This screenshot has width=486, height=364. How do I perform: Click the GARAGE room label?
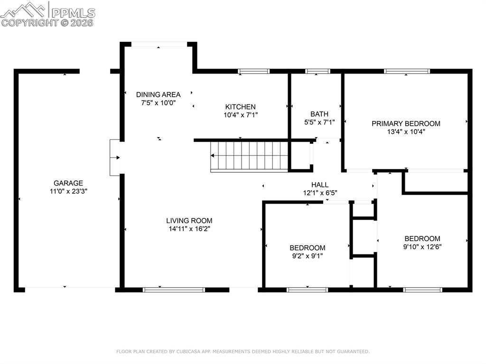(68, 183)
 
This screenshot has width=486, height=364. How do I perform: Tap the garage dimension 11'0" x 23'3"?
(68, 191)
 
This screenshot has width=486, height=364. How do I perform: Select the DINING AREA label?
(158, 94)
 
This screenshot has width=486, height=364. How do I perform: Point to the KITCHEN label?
(240, 107)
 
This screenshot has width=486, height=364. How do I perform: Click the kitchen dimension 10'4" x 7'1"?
(240, 115)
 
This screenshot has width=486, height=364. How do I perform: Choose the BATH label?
(319, 114)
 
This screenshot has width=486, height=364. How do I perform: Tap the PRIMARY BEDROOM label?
(405, 123)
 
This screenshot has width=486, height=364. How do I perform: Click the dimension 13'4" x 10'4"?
(405, 132)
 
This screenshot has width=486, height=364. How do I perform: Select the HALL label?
(319, 185)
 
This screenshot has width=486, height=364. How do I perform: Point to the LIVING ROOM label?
(189, 220)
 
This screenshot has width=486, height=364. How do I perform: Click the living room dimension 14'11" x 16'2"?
(189, 229)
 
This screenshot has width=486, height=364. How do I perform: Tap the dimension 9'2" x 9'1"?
(308, 256)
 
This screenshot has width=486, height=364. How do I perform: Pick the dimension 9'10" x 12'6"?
(422, 247)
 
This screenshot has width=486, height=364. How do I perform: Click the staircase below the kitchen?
(250, 156)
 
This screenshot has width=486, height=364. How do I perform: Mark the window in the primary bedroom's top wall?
(407, 71)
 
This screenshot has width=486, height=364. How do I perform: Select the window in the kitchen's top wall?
(253, 71)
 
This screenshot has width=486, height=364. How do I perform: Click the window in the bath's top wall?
(318, 71)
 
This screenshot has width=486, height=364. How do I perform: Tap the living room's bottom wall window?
(174, 289)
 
